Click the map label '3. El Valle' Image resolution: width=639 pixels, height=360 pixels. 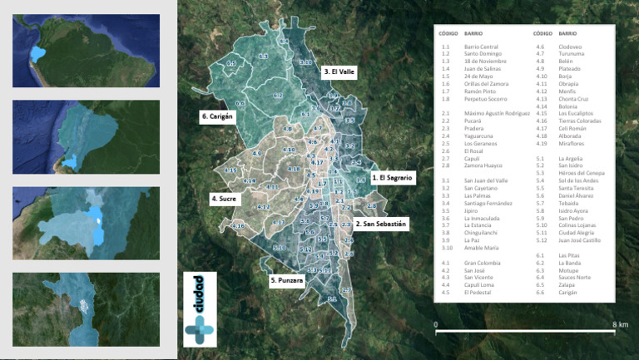pyautogui.click(x=339, y=72)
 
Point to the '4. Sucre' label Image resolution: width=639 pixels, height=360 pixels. pyautogui.click(x=225, y=200)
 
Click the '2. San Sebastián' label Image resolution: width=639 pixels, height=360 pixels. pyautogui.click(x=381, y=224)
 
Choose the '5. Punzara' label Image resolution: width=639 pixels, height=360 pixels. pyautogui.click(x=286, y=281)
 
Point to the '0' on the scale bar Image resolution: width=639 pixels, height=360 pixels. pyautogui.click(x=436, y=323)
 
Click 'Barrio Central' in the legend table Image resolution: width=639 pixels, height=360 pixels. pyautogui.click(x=481, y=47)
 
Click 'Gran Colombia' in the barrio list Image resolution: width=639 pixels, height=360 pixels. pyautogui.click(x=483, y=263)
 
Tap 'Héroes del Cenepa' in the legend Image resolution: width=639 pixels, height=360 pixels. pyautogui.click(x=582, y=173)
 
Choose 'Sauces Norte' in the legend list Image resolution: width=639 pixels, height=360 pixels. pyautogui.click(x=575, y=278)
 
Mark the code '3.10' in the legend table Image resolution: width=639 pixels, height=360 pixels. pyautogui.click(x=447, y=248)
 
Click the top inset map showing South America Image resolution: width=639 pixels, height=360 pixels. pyautogui.click(x=87, y=51)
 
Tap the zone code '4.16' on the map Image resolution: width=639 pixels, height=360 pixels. pyautogui.click(x=239, y=226)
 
